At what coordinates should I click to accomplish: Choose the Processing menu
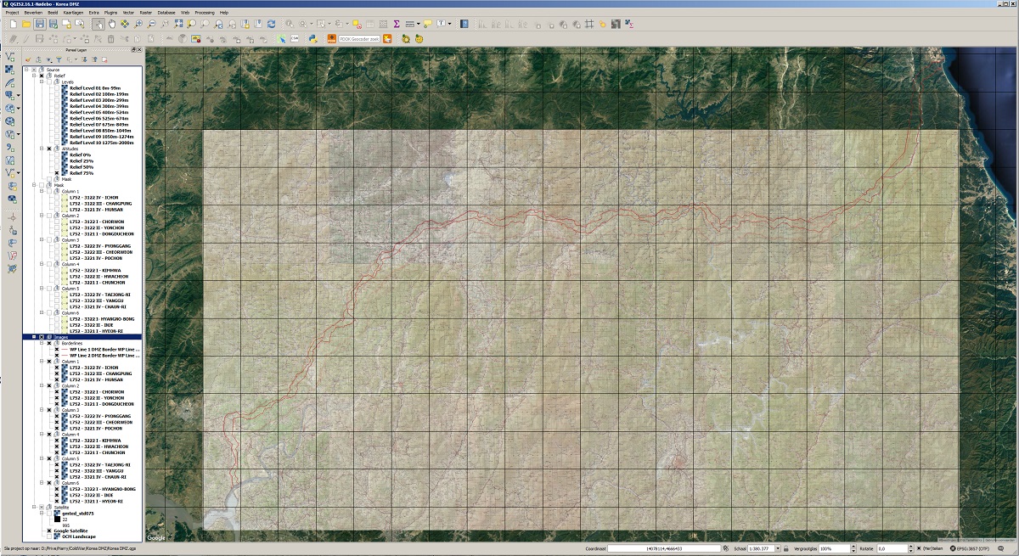pyautogui.click(x=204, y=13)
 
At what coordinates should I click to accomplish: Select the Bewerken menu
pyautogui.click(x=33, y=13)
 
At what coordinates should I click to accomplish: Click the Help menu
pyautogui.click(x=224, y=13)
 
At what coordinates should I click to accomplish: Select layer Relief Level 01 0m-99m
pyautogui.click(x=95, y=87)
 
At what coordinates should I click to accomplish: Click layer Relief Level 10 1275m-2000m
pyautogui.click(x=101, y=143)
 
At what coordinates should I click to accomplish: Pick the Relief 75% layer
pyautogui.click(x=82, y=173)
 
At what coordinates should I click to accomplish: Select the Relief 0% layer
pyautogui.click(x=82, y=154)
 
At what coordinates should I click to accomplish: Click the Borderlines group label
pyautogui.click(x=72, y=343)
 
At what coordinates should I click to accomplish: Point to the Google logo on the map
pyautogui.click(x=156, y=538)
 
